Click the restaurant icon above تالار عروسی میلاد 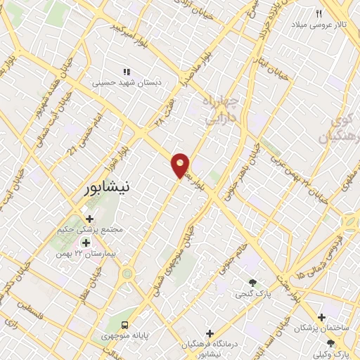click(319, 13)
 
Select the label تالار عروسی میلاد click(320, 25)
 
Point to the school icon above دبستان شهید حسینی click(127, 71)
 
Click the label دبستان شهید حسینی click(129, 82)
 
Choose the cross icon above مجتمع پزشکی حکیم click(89, 219)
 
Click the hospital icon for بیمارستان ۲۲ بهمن click(86, 242)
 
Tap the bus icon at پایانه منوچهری click(125, 324)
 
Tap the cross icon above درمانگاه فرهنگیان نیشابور click(210, 333)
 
